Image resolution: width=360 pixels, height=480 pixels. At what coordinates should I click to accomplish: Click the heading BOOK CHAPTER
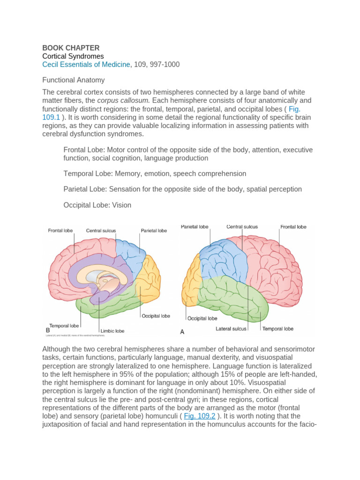71,48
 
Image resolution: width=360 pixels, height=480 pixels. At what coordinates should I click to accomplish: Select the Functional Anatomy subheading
74,80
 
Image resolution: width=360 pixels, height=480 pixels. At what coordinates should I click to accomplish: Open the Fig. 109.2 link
200,416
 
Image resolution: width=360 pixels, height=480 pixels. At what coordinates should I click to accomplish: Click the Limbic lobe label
112,331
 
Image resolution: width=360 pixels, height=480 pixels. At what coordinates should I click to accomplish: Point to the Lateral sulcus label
231,329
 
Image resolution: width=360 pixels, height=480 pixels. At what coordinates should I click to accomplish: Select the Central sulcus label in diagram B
101,231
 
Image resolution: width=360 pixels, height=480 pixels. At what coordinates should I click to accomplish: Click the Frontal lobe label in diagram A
293,227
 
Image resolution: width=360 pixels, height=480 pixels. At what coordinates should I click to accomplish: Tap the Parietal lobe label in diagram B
154,231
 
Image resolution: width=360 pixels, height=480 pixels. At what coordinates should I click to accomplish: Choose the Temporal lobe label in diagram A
277,329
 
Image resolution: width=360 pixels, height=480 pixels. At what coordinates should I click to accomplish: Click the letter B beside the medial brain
48,330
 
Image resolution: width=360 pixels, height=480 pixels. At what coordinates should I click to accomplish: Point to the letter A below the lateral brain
182,331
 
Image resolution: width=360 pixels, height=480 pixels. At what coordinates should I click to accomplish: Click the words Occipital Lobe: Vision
97,205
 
